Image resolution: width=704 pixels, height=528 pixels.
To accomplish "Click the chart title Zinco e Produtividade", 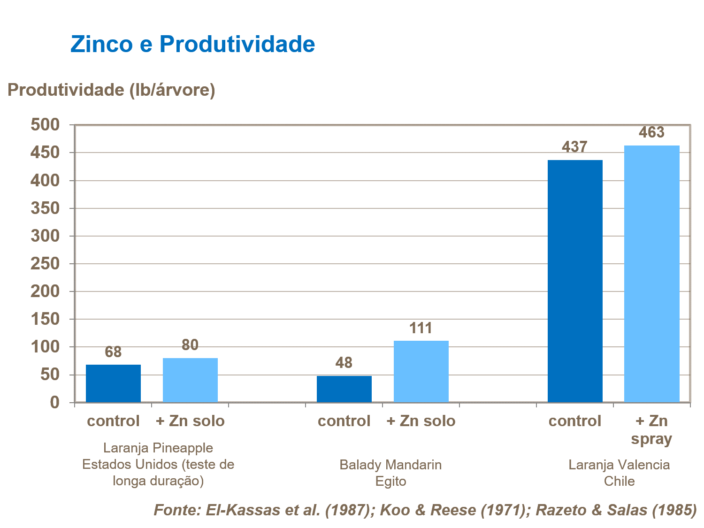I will pos(192,44).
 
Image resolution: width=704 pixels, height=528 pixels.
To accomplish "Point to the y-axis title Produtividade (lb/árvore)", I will pos(111,90).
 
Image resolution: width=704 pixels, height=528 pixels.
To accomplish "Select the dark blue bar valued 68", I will pos(113,383).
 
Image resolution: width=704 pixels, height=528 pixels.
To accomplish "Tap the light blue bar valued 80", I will pos(190,380).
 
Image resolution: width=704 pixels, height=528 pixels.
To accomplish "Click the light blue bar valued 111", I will pos(421,372).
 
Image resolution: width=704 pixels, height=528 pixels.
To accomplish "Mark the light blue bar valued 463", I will pos(651,274).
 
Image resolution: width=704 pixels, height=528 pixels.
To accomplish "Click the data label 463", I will pos(651,132).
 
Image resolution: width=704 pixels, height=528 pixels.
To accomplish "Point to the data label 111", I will pos(421,328).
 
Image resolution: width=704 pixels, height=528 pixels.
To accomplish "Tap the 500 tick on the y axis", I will pos(45,125).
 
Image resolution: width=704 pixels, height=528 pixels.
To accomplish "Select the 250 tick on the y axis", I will pos(45,264).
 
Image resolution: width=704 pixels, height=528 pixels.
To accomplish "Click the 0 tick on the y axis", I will pos(54,403).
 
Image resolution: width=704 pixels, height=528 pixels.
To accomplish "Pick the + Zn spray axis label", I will pos(651,430).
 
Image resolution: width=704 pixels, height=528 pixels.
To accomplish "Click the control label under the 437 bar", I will pos(575,421).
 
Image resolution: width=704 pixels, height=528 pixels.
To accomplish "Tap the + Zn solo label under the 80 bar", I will pos(190,421).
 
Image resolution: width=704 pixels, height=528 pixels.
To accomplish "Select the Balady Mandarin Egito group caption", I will pos(390,473).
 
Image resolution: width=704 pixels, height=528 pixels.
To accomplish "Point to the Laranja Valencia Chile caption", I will pos(619,473).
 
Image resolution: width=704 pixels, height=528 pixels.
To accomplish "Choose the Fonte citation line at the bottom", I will pos(425,510).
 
